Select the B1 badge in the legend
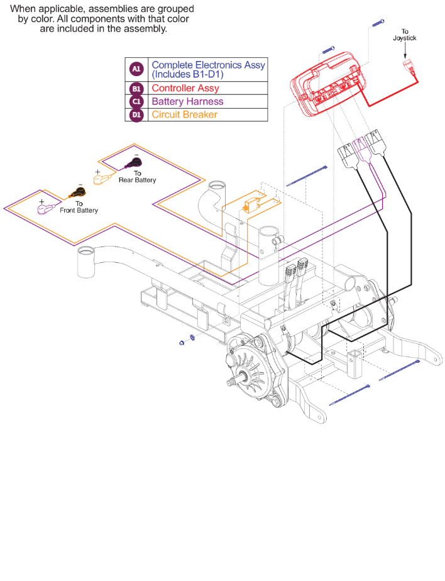(136, 89)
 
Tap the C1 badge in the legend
(136, 101)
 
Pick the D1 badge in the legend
(136, 114)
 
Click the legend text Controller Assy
(185, 89)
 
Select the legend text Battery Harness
(187, 101)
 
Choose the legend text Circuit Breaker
(184, 114)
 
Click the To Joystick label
(405, 35)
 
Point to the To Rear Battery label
(137, 177)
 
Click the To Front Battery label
(79, 207)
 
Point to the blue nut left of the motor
(182, 341)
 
